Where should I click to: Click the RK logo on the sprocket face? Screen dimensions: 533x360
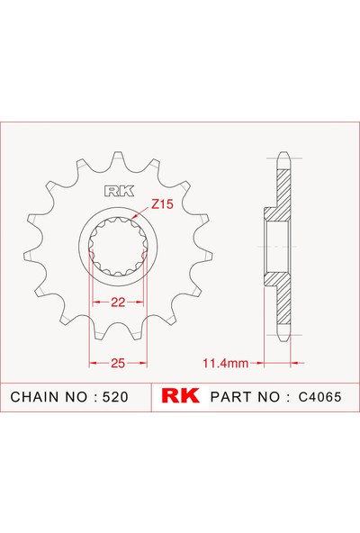click(x=117, y=191)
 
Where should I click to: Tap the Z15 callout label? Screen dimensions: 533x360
click(x=161, y=204)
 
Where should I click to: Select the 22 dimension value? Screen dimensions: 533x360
click(x=116, y=303)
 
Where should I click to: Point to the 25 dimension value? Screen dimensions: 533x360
click(x=117, y=363)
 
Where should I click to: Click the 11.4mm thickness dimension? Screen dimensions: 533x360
click(x=224, y=364)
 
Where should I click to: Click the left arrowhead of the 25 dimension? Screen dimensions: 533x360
click(x=91, y=363)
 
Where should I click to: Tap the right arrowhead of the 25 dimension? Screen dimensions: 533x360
click(x=144, y=363)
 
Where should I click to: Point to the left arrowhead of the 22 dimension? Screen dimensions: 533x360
click(x=91, y=303)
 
